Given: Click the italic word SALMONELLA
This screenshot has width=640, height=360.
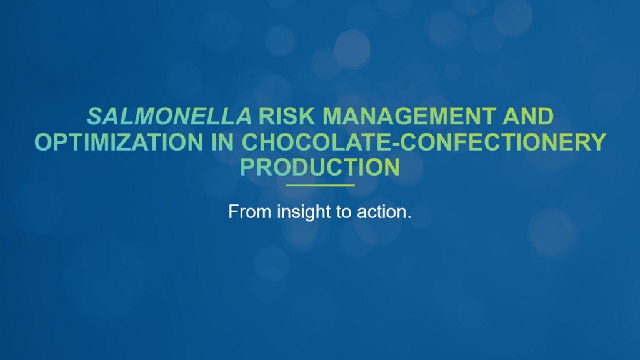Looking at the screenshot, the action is point(169,116).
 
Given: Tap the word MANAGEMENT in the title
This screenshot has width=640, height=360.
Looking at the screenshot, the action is point(409,116).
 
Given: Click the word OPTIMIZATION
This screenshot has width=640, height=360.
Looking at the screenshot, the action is point(119,142).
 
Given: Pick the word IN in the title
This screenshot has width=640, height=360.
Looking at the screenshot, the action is point(222,142).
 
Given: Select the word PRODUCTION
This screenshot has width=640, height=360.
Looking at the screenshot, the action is point(320,167).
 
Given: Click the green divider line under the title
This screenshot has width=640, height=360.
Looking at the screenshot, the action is point(320,185).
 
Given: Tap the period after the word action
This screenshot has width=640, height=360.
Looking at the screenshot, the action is point(409,217).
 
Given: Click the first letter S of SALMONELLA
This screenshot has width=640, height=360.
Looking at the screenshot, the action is point(95,116).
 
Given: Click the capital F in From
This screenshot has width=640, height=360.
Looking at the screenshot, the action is point(233,212).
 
